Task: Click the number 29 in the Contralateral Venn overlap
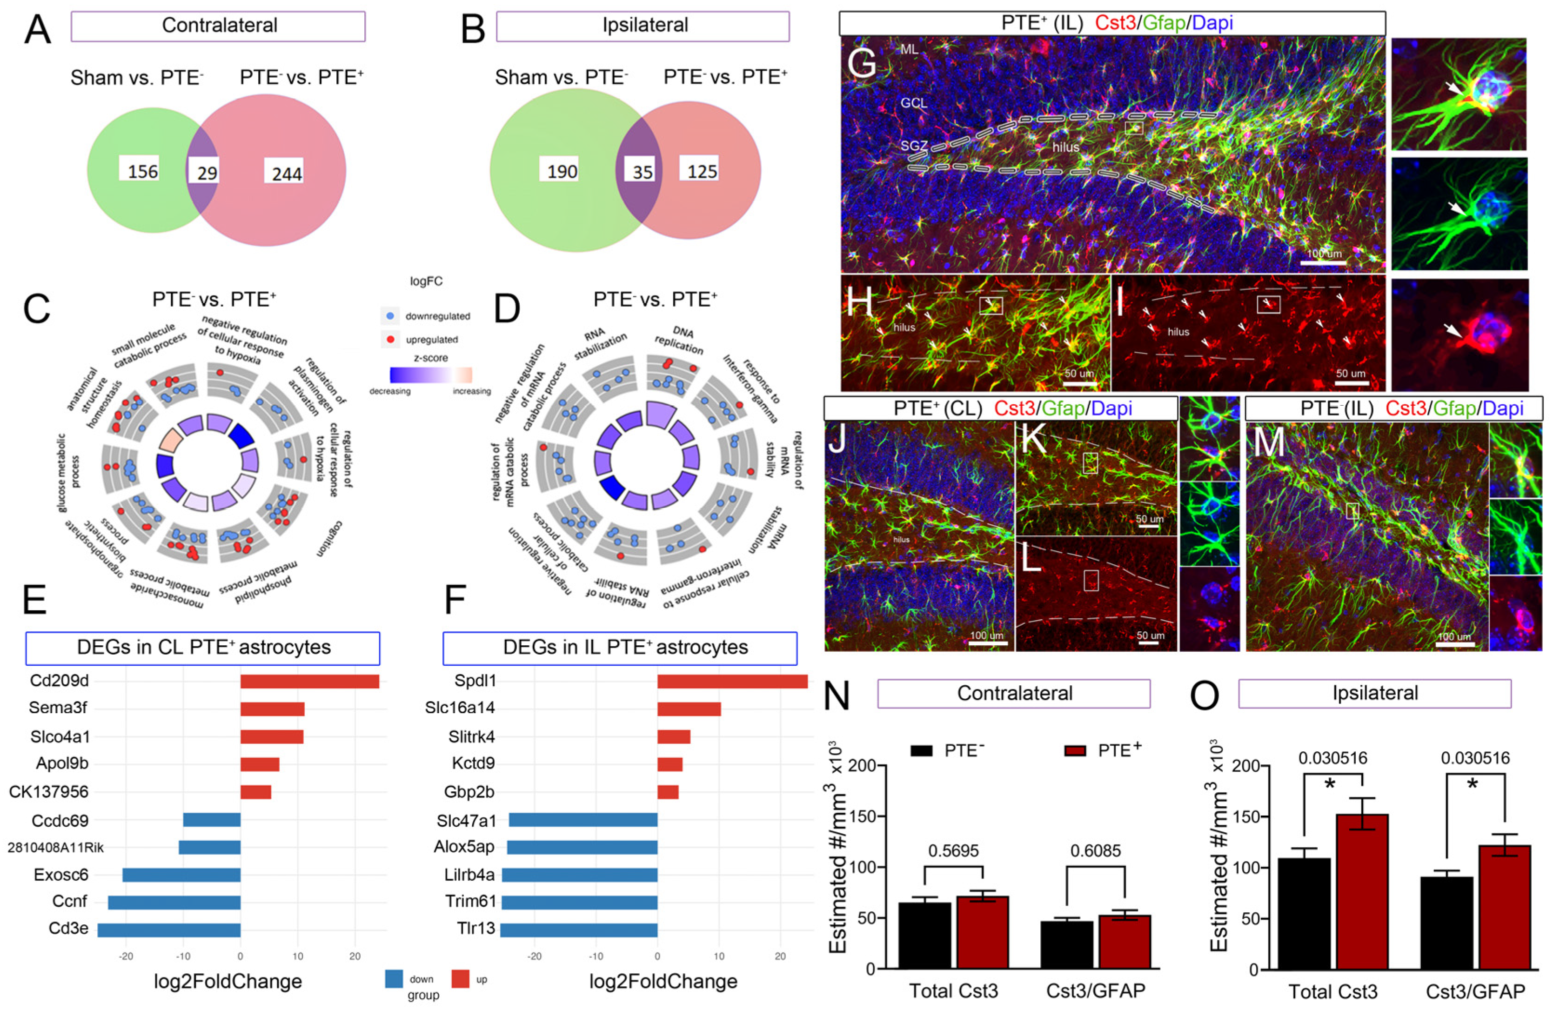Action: click(x=208, y=173)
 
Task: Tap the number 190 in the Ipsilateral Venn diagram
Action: click(x=562, y=172)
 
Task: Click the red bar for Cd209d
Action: click(x=310, y=681)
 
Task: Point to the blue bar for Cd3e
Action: click(x=169, y=929)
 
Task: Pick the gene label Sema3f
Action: click(x=59, y=708)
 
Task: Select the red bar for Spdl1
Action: click(x=732, y=681)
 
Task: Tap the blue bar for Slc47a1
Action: click(x=582, y=820)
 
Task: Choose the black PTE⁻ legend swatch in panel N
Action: click(x=923, y=750)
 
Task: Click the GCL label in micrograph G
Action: click(x=914, y=103)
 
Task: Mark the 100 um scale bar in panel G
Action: click(x=1323, y=262)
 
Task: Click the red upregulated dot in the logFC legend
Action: click(x=390, y=339)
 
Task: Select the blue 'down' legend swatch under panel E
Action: click(x=394, y=979)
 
